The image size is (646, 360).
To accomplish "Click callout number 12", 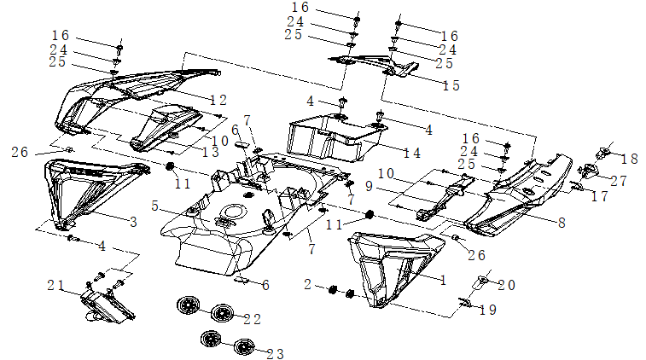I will point(218,101).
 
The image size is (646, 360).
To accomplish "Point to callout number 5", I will point(155,206).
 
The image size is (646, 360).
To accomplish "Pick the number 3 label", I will point(133,223).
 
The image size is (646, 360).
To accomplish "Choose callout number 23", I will point(274,353).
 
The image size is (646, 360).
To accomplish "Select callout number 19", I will point(486,311).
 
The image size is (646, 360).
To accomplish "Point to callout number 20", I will point(506,285).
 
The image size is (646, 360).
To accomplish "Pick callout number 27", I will point(618,180).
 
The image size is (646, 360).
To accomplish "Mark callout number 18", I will point(631,160).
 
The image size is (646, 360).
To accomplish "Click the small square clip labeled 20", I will point(482,279).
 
